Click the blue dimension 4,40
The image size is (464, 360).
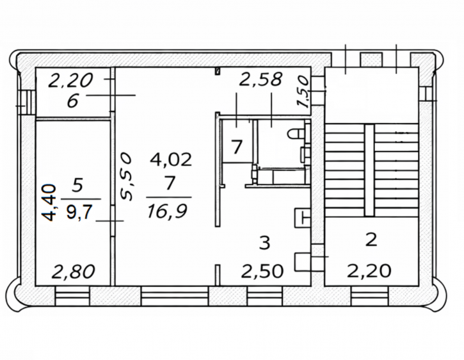49,202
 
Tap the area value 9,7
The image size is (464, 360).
79,212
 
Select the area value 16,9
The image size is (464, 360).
167,211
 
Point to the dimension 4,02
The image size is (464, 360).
171,160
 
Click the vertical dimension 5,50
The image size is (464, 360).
126,177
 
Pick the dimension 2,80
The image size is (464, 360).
73,272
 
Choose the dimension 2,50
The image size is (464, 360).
262,272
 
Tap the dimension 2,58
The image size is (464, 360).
260,79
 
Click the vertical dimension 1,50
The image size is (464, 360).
303,92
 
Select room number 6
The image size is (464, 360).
72,102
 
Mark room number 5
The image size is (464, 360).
77,186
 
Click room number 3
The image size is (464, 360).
264,243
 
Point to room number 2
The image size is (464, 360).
371,240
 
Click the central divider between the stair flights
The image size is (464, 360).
369,170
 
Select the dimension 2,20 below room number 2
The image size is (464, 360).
369,271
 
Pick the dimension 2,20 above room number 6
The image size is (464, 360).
71,81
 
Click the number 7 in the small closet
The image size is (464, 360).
236,147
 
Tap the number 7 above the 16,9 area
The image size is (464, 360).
170,183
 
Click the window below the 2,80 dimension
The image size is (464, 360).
72,297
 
